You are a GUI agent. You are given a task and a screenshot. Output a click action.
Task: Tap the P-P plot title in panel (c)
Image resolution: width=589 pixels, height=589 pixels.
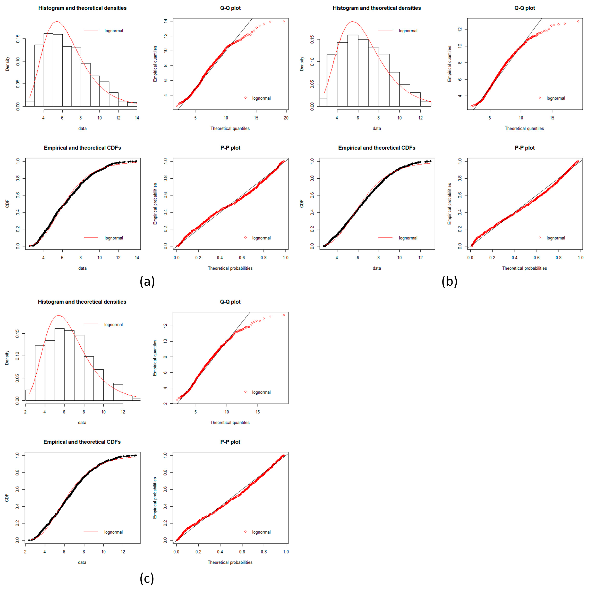click(x=230, y=442)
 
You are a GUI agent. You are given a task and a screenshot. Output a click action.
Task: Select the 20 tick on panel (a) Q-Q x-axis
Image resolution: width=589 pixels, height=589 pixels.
click(x=286, y=118)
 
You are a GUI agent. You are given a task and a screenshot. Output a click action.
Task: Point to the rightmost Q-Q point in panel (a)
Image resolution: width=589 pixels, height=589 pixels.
click(x=284, y=21)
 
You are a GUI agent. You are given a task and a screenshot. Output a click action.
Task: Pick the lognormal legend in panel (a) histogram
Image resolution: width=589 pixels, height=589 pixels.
click(x=113, y=31)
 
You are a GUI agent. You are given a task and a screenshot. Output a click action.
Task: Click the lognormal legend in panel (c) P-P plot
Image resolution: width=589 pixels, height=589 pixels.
click(x=261, y=532)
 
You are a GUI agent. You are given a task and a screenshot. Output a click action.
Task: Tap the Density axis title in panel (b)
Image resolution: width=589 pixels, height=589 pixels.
click(x=302, y=64)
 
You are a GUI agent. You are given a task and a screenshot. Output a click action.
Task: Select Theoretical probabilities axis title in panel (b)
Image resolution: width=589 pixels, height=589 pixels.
click(x=524, y=268)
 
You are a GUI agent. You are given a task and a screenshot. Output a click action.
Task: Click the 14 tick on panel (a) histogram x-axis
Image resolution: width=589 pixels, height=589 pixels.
click(x=137, y=118)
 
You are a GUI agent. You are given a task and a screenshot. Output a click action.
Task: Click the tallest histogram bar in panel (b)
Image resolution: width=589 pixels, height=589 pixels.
click(x=353, y=71)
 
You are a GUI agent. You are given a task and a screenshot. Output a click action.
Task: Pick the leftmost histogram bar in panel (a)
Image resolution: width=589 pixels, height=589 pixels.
click(x=30, y=104)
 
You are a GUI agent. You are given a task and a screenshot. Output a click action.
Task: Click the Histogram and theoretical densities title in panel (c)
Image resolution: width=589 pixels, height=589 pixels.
click(x=82, y=302)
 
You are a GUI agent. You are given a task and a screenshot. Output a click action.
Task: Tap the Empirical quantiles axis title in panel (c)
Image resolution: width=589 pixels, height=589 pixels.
click(x=155, y=358)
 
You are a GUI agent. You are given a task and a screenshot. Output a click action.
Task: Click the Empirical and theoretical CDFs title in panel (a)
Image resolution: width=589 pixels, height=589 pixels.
click(x=82, y=148)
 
